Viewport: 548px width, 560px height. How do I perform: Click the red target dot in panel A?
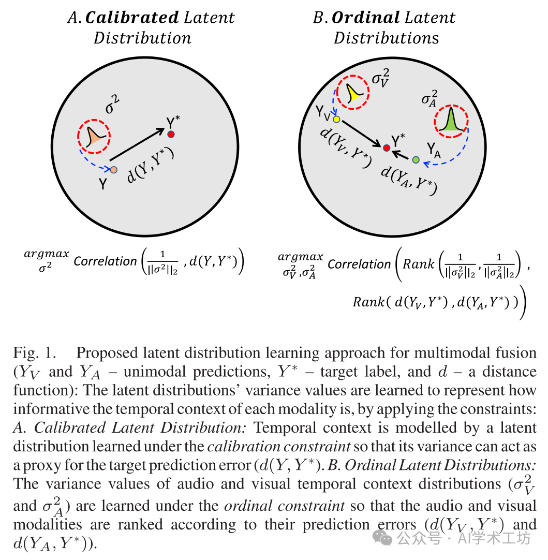(171, 135)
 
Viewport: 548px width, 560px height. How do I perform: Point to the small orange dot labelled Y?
(114, 169)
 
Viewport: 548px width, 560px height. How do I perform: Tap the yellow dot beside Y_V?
(336, 120)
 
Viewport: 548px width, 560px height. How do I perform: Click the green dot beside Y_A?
(416, 160)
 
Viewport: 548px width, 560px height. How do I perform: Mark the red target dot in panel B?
(386, 148)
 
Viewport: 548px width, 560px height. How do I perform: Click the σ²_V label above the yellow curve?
(382, 80)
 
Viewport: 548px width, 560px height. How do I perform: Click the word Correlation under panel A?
(105, 261)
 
